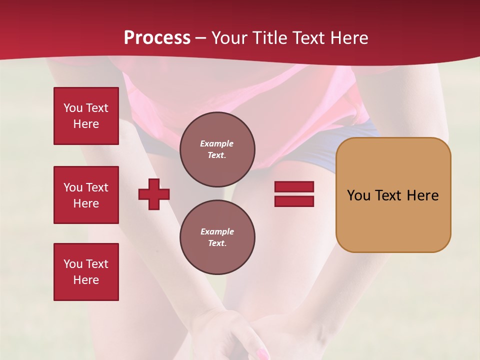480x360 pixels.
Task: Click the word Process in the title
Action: [x=157, y=37]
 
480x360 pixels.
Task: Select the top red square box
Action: [x=86, y=116]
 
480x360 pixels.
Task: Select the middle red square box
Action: [x=86, y=195]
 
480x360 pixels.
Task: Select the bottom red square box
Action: [x=86, y=272]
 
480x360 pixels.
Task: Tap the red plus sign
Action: [x=154, y=194]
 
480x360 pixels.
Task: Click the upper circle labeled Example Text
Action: [x=217, y=149]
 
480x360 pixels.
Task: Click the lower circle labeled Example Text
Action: [x=217, y=237]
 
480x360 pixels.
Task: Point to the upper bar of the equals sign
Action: [x=294, y=186]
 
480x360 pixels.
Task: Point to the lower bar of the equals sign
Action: [x=294, y=201]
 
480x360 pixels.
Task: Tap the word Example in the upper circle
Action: [x=216, y=143]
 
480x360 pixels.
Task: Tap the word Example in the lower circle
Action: [x=217, y=231]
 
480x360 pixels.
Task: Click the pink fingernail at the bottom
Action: [x=262, y=354]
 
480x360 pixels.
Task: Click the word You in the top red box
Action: [x=73, y=108]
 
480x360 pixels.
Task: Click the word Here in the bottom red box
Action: [x=86, y=280]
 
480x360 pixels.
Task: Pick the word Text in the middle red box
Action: [x=96, y=187]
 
